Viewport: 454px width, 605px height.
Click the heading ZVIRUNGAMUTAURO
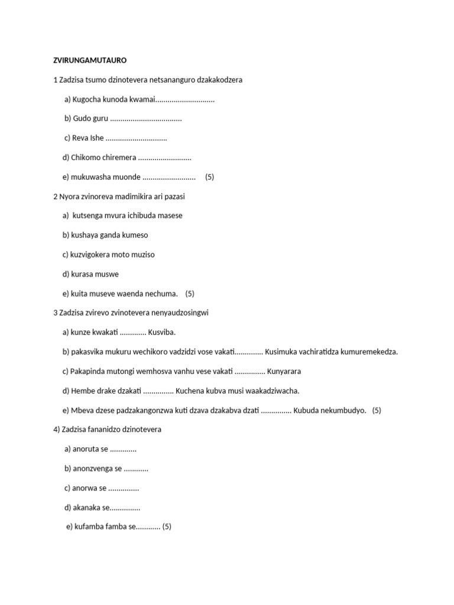[x=90, y=60]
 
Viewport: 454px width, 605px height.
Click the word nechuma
[x=163, y=294]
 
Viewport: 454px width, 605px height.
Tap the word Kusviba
[x=161, y=333]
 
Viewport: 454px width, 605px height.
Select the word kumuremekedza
[x=369, y=352]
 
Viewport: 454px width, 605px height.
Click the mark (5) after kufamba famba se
[x=167, y=526]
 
